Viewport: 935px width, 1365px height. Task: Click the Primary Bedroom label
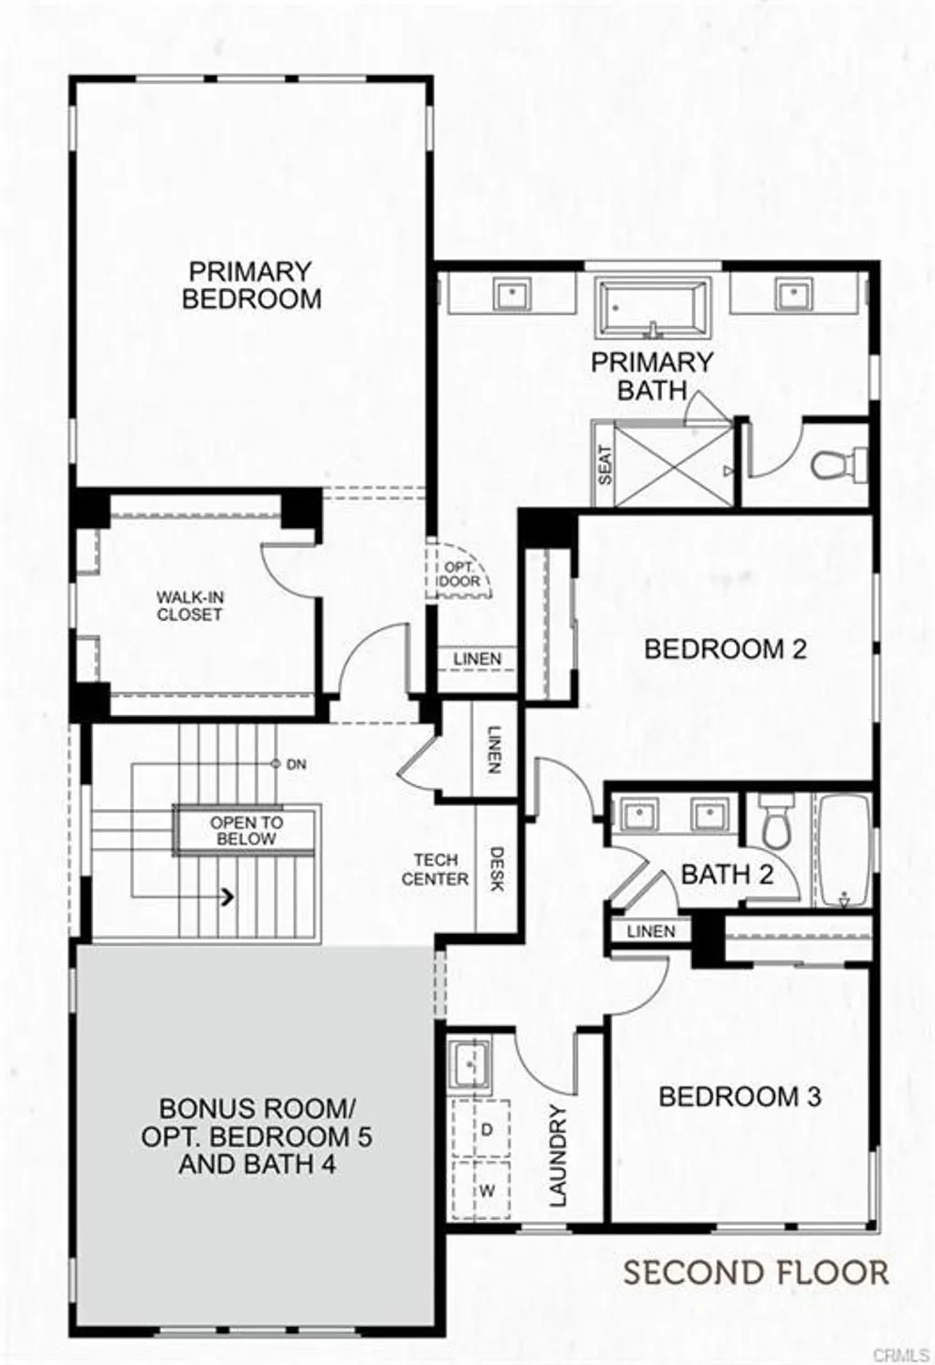(251, 285)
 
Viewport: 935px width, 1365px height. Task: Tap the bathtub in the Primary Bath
(653, 308)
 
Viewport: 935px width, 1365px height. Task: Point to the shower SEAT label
(604, 465)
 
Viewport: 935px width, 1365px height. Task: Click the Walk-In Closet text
(190, 605)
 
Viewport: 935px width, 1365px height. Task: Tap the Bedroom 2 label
(725, 649)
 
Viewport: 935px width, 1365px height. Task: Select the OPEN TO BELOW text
(247, 830)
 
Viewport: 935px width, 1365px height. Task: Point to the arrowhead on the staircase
(227, 898)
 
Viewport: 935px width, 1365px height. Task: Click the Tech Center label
(435, 869)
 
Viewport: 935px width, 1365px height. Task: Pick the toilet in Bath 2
(776, 819)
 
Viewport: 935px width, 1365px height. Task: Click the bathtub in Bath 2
(843, 849)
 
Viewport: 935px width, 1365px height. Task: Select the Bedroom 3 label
(740, 1096)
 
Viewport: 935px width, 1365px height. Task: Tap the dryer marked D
(487, 1129)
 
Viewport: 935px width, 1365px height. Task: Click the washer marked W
(487, 1191)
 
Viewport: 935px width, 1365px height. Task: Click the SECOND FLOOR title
(755, 1272)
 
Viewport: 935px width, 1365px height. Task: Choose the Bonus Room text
(257, 1136)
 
